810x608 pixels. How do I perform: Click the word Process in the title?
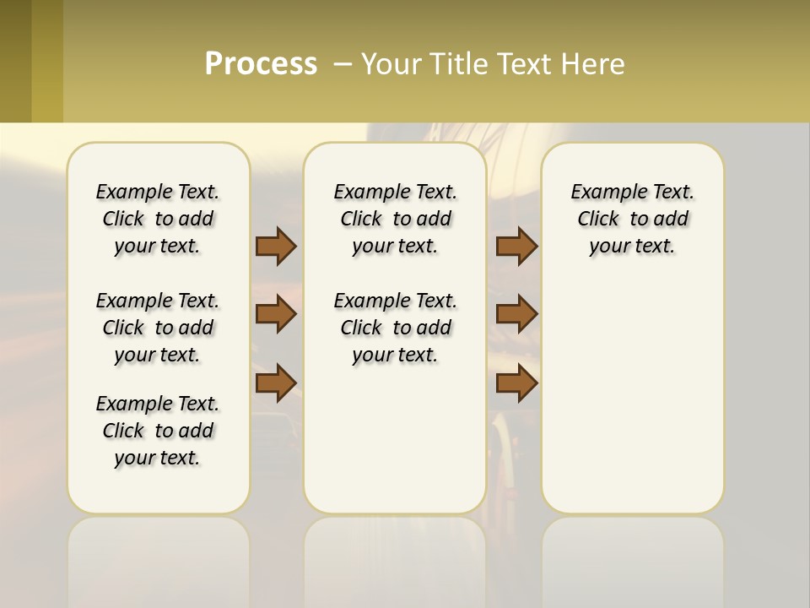pyautogui.click(x=261, y=64)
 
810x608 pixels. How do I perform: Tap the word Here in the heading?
pyautogui.click(x=594, y=64)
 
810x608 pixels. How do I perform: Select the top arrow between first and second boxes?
pyautogui.click(x=276, y=246)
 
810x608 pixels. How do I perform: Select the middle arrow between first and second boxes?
pyautogui.click(x=276, y=314)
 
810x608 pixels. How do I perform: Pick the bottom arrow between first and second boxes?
pyautogui.click(x=276, y=383)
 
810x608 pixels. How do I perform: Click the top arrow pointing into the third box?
pyautogui.click(x=516, y=246)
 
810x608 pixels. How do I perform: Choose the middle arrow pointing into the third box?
pyautogui.click(x=516, y=314)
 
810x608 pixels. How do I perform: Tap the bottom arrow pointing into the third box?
pyautogui.click(x=516, y=383)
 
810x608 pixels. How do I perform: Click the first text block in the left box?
pyautogui.click(x=158, y=219)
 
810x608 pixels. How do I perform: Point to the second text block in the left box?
pyautogui.click(x=158, y=328)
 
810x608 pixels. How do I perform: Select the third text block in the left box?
pyautogui.click(x=158, y=431)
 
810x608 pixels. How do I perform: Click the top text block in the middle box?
pyautogui.click(x=395, y=219)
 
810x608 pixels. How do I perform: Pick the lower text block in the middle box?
pyautogui.click(x=395, y=328)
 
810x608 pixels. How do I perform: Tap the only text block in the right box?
pyautogui.click(x=632, y=219)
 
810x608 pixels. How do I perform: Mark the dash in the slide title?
pyautogui.click(x=343, y=64)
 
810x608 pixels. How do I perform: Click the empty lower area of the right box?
pyautogui.click(x=632, y=397)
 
